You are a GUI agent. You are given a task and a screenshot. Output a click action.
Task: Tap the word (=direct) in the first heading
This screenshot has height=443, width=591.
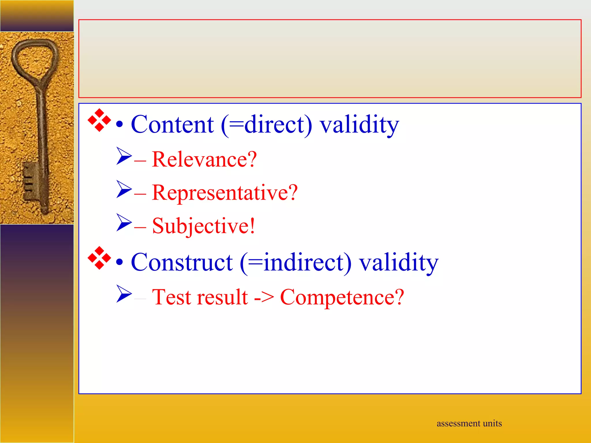(x=266, y=125)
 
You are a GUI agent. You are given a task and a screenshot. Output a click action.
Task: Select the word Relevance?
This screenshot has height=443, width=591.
(x=204, y=159)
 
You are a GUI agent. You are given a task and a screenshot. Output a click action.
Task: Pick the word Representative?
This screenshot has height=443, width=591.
(x=225, y=193)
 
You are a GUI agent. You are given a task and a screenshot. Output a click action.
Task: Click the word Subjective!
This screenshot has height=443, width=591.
(x=203, y=226)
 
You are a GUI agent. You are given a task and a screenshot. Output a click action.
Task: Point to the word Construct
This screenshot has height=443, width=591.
(x=182, y=262)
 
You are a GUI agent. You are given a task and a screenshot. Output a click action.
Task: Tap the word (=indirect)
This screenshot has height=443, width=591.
(x=295, y=262)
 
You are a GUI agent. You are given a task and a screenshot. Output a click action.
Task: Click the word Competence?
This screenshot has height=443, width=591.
(x=342, y=297)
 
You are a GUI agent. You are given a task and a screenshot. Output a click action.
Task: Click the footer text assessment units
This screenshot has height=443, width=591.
(x=469, y=423)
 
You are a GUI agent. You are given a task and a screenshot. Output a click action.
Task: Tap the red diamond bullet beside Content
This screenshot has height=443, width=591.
(x=99, y=120)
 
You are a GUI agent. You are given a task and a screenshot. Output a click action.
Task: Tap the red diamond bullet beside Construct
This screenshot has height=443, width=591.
(x=99, y=258)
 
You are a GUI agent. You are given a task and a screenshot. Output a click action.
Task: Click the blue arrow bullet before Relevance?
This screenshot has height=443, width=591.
(x=124, y=156)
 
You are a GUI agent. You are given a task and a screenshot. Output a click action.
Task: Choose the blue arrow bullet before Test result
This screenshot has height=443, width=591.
(x=124, y=294)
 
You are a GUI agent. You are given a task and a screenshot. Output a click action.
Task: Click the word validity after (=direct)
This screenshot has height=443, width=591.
(x=359, y=125)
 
